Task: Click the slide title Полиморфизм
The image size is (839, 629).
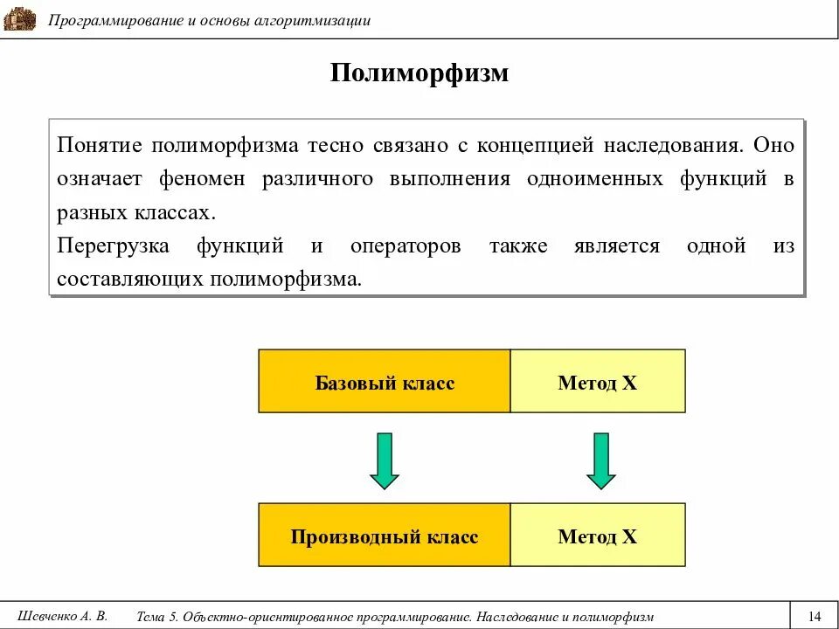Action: coord(419,73)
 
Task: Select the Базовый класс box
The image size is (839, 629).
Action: coord(385,382)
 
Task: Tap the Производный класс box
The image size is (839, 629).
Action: coord(385,536)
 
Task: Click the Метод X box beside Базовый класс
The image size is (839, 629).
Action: coord(598,382)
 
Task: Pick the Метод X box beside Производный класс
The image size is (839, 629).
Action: coord(598,536)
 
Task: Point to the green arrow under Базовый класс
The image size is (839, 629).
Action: coord(385,460)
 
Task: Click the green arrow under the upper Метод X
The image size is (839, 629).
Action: coord(601,460)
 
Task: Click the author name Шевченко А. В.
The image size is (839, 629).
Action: coord(62,615)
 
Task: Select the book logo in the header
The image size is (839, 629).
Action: coord(19,19)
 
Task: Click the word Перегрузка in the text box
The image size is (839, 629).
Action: coord(114,246)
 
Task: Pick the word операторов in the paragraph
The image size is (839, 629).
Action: coord(406,246)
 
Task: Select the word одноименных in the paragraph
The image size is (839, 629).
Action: coord(593,179)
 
